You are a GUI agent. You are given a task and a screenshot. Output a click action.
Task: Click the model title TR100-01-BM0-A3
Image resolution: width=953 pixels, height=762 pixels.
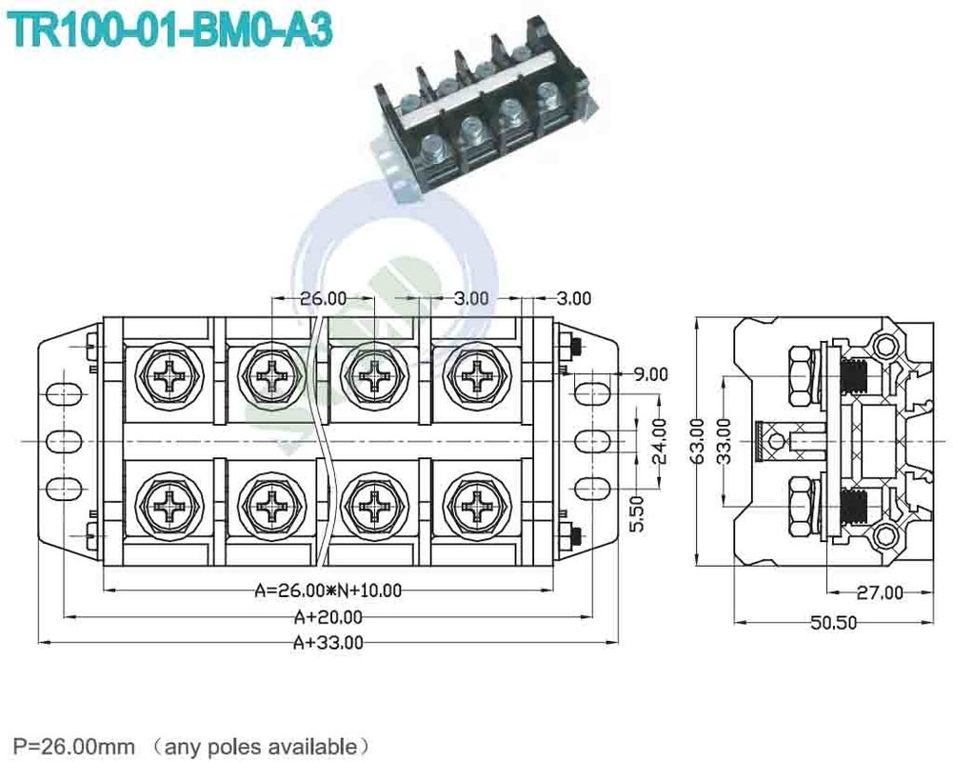pos(171,30)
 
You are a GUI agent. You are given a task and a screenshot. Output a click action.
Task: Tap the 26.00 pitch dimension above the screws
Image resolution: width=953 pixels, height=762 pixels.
pos(324,298)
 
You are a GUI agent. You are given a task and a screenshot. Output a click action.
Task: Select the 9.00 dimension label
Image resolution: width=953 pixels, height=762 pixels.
pos(651,374)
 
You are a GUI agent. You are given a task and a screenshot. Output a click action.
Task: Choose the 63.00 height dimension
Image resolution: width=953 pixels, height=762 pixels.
pos(698,439)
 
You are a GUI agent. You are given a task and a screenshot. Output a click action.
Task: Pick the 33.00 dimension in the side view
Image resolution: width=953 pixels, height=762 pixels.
pos(725,439)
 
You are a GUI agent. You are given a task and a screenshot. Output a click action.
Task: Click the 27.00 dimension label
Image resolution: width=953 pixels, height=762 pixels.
pos(879,592)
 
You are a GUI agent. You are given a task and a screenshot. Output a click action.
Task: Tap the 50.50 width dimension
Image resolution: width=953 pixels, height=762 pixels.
pos(833,623)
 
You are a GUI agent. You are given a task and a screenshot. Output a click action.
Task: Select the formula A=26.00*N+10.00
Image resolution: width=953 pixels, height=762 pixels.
pos(328,591)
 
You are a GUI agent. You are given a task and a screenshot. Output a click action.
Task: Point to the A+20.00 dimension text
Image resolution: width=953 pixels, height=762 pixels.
pos(328,617)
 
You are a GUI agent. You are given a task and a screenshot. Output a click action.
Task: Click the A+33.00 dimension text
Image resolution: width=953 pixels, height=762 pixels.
pos(328,642)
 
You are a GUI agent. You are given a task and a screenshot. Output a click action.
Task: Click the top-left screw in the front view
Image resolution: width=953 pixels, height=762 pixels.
pos(172,377)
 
